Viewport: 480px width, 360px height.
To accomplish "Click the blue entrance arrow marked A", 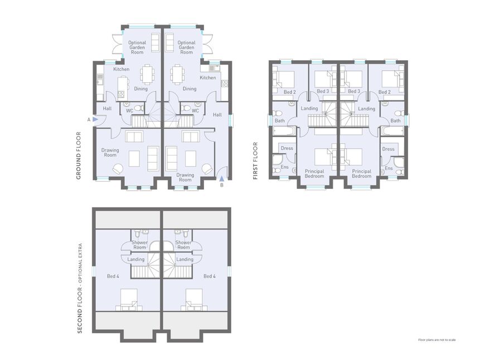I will click(96, 119).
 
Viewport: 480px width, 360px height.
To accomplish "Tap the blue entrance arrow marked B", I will click(222, 178).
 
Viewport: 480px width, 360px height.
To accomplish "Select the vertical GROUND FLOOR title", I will click(79, 155).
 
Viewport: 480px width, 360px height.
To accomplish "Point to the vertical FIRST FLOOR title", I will click(255, 160).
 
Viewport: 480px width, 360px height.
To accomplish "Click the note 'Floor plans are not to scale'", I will click(437, 339).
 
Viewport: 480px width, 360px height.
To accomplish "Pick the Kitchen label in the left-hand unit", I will click(122, 69).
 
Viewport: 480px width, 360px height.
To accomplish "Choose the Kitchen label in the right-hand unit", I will click(207, 77).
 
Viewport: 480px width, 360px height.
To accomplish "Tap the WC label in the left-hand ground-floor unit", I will click(129, 110).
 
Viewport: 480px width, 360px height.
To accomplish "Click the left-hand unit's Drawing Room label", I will click(110, 152).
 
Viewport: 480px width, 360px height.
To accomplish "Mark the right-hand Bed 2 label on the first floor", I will click(384, 91).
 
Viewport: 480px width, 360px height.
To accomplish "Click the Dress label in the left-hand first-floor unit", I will click(287, 149).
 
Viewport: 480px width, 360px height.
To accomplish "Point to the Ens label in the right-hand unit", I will click(389, 168).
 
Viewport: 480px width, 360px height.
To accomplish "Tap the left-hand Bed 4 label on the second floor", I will click(113, 276).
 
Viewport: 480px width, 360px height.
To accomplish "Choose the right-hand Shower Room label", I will click(183, 245).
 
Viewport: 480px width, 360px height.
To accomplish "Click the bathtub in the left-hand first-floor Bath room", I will click(284, 132).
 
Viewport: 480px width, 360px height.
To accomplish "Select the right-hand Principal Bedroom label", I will click(361, 173).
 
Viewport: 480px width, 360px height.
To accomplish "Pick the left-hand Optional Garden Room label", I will click(137, 47).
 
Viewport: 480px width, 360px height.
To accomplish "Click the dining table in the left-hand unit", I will click(147, 74).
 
